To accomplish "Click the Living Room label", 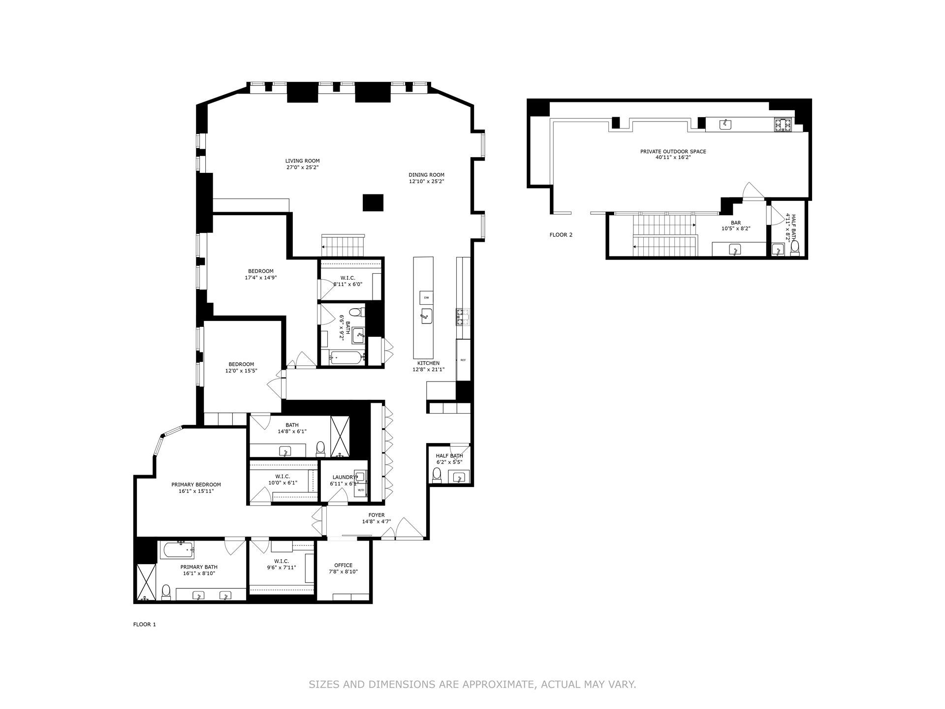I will click(302, 161).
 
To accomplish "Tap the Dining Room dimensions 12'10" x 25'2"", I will click(426, 181).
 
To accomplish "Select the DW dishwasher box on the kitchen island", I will click(426, 298).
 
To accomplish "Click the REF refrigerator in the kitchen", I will click(463, 360).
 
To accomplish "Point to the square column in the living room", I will click(373, 202).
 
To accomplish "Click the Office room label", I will click(343, 565).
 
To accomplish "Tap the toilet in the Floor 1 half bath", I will click(436, 474).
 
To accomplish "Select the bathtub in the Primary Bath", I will click(177, 550).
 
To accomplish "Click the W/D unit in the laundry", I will click(360, 490).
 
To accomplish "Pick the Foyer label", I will click(376, 515).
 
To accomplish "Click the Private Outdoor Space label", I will click(673, 152).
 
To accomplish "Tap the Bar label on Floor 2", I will click(735, 223).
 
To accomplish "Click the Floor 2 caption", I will click(561, 235).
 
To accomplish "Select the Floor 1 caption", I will click(144, 624).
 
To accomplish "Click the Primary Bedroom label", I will click(196, 484).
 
